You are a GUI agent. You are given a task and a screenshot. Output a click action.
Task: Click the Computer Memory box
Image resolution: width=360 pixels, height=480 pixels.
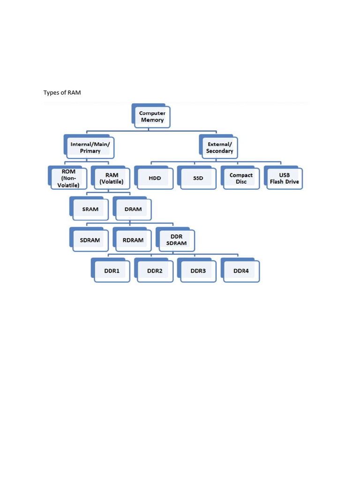(x=152, y=116)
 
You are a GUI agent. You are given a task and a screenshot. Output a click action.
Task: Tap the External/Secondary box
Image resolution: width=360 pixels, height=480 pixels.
(x=219, y=148)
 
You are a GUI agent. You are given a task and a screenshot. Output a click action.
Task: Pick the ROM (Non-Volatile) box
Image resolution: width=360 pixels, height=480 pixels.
(x=68, y=178)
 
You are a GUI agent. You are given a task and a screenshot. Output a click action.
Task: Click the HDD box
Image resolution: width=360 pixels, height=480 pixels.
(x=155, y=178)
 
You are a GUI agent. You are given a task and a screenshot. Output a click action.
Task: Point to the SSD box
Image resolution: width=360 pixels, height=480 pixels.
(x=198, y=178)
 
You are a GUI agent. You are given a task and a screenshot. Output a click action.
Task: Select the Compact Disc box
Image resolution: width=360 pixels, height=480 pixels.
(x=241, y=178)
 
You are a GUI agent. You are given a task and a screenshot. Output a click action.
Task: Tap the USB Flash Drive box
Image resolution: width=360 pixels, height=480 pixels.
(x=284, y=178)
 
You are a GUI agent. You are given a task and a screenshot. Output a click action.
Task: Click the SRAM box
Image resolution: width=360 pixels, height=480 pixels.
(x=90, y=209)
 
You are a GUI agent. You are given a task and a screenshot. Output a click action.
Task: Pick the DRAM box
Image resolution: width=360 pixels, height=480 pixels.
(x=133, y=209)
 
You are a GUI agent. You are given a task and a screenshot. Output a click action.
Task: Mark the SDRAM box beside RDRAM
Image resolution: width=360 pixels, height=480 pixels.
(x=90, y=240)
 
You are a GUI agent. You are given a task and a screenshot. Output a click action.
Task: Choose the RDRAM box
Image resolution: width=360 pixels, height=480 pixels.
(x=133, y=240)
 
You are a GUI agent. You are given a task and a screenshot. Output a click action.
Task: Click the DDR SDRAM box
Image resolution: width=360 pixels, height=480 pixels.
(x=176, y=240)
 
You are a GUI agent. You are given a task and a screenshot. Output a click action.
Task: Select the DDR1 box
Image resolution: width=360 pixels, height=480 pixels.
(x=112, y=271)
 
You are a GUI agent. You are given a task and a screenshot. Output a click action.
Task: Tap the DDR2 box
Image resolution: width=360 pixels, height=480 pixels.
(x=155, y=271)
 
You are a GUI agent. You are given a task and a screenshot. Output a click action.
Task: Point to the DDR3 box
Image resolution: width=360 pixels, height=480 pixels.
(x=198, y=271)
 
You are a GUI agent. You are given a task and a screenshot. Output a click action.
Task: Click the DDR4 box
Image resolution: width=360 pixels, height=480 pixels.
(x=241, y=271)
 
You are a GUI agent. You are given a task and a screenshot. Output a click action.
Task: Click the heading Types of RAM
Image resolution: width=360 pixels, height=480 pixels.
(x=62, y=92)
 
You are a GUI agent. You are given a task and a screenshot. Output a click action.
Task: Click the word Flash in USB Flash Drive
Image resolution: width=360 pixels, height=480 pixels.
(x=279, y=181)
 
